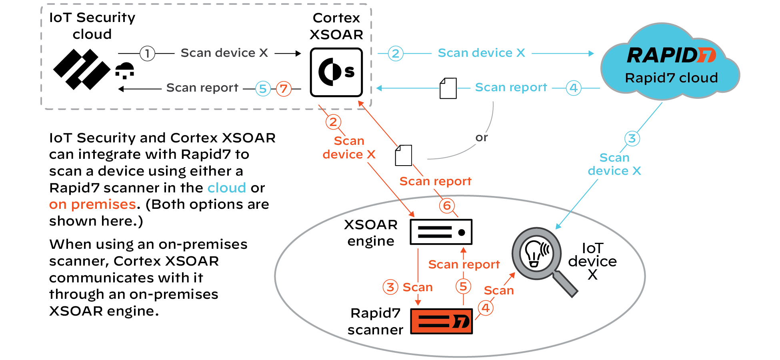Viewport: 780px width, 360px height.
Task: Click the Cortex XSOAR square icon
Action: (x=336, y=72)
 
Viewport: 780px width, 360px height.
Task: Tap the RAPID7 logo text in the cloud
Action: (x=671, y=55)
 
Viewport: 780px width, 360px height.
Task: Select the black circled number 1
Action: (x=147, y=53)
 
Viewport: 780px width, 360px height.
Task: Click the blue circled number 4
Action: (x=574, y=88)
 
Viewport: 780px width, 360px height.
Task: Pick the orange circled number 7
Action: (x=284, y=88)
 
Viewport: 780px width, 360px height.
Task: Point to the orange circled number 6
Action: (x=447, y=206)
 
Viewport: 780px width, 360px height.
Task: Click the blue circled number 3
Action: (x=632, y=139)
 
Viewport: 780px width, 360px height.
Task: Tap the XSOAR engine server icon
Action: (x=441, y=232)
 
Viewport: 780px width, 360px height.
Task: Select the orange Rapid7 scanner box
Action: (x=442, y=321)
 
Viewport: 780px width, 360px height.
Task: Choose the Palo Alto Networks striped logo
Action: (x=82, y=69)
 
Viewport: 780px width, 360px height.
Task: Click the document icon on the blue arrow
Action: (x=448, y=88)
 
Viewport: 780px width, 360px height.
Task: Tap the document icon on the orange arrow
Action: (x=403, y=155)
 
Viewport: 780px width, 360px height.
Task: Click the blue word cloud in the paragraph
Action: (x=226, y=188)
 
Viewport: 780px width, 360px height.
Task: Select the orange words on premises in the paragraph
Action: (x=92, y=204)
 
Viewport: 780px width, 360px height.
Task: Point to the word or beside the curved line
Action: (x=482, y=138)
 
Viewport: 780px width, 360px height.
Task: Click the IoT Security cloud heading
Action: (x=92, y=26)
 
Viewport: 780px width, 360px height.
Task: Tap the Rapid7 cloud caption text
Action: (x=671, y=78)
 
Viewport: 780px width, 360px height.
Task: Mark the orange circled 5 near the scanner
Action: (x=463, y=286)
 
